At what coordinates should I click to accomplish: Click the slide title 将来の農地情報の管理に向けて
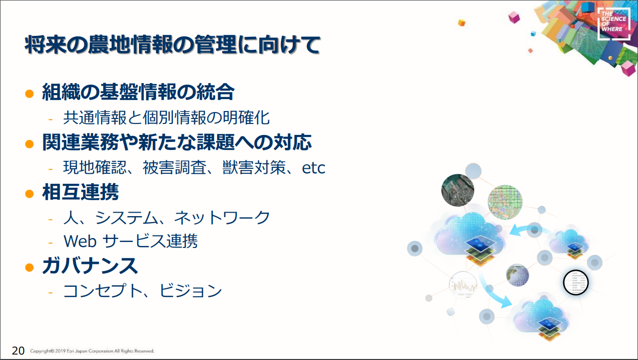(x=173, y=45)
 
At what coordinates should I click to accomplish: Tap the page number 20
(x=18, y=351)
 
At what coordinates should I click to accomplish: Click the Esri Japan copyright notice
(x=92, y=351)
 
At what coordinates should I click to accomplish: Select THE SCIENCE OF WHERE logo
(x=614, y=23)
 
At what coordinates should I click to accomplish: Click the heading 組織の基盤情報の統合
(x=138, y=92)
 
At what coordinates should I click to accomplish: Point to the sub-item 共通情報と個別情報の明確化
(x=166, y=118)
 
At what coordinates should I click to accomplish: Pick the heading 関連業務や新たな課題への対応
(x=177, y=142)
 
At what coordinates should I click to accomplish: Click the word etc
(x=313, y=168)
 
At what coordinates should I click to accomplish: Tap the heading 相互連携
(x=80, y=192)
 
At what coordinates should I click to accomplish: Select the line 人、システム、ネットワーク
(x=166, y=218)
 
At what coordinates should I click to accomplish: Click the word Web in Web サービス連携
(x=80, y=241)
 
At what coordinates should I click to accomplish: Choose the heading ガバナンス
(x=90, y=266)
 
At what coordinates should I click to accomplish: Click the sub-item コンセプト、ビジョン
(x=142, y=291)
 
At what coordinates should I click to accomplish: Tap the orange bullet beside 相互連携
(x=29, y=194)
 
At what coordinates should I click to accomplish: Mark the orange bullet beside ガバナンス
(x=29, y=267)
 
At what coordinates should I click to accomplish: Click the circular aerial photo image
(x=458, y=190)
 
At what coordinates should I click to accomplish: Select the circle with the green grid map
(x=505, y=202)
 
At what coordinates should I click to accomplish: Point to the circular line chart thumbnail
(x=463, y=285)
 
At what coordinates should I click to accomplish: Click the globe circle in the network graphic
(x=517, y=275)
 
